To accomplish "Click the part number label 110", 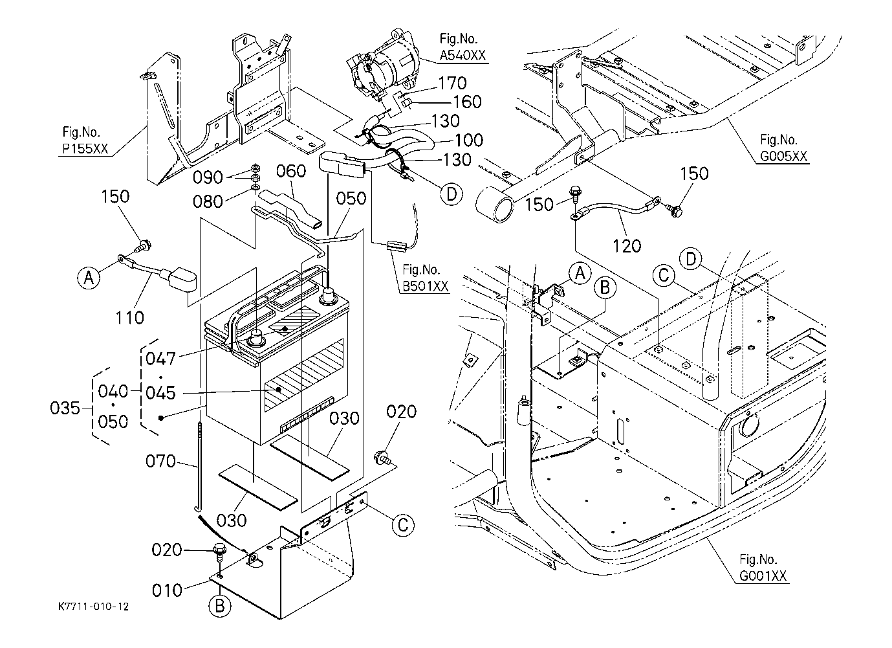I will pos(131,317).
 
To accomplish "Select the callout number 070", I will pos(160,462).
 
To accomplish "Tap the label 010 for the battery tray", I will pos(168,590).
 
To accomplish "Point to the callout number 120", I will pos(627,245).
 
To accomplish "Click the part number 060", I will pos(290,171).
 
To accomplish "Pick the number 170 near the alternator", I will pos(452,84).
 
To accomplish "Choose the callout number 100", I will pos(468,140).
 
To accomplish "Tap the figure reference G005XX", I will pos(784,157).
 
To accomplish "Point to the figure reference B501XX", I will pos(425,287).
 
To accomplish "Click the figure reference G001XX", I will pos(764,576).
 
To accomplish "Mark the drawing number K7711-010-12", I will pos(92,607).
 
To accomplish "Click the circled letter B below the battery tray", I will pos(219,606).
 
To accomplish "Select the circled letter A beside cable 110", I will pos(90,278).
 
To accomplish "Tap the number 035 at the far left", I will pos(66,408).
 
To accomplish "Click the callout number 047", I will pos(160,358).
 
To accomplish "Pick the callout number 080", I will pos(209,201).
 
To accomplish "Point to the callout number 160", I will pos(467,102).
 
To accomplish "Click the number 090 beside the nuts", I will pos(209,177).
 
